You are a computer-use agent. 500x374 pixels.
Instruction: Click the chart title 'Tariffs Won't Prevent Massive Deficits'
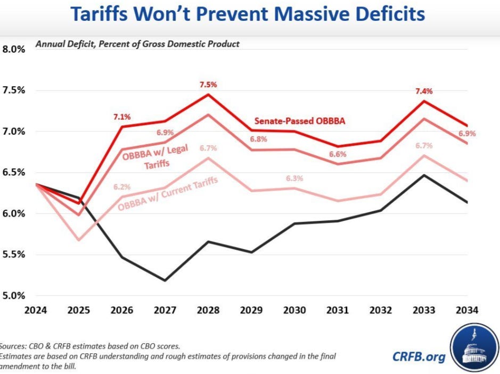coord(248,14)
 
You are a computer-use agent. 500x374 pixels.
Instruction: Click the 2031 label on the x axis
coord(338,310)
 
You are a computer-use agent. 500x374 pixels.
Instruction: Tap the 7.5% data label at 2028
coord(207,85)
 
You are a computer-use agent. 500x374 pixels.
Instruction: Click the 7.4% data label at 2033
coord(424,91)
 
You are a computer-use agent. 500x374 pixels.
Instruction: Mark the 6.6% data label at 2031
coord(337,154)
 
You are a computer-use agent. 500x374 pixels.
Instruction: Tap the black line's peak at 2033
coord(423,175)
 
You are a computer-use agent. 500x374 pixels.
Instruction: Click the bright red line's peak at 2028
coord(207,95)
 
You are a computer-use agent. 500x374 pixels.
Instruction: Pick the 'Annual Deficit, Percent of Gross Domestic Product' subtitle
coord(137,44)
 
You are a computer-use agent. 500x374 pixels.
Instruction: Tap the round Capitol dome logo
coord(473,348)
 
